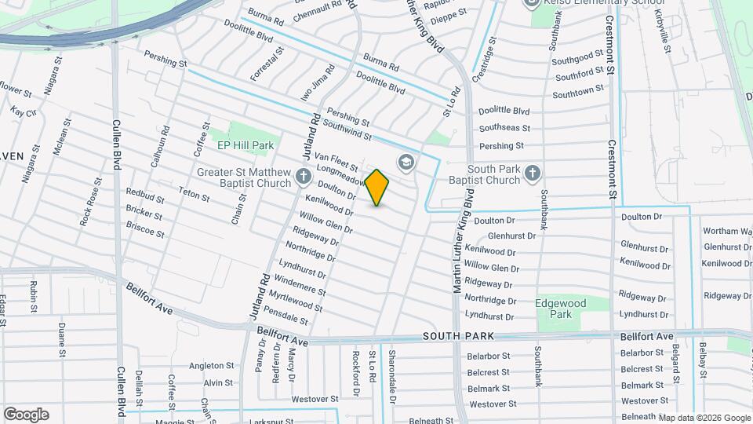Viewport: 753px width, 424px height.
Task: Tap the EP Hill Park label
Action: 246,145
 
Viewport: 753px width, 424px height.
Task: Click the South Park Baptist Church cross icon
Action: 533,173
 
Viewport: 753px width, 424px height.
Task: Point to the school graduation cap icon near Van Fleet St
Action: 406,163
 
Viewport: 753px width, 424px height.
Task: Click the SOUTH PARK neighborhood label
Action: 459,336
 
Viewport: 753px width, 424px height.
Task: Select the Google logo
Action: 26,415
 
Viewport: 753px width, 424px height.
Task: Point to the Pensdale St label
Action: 288,316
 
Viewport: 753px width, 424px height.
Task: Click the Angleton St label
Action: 207,365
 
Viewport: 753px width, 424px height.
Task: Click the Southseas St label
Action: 504,128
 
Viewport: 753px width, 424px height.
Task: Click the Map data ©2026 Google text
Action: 704,418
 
